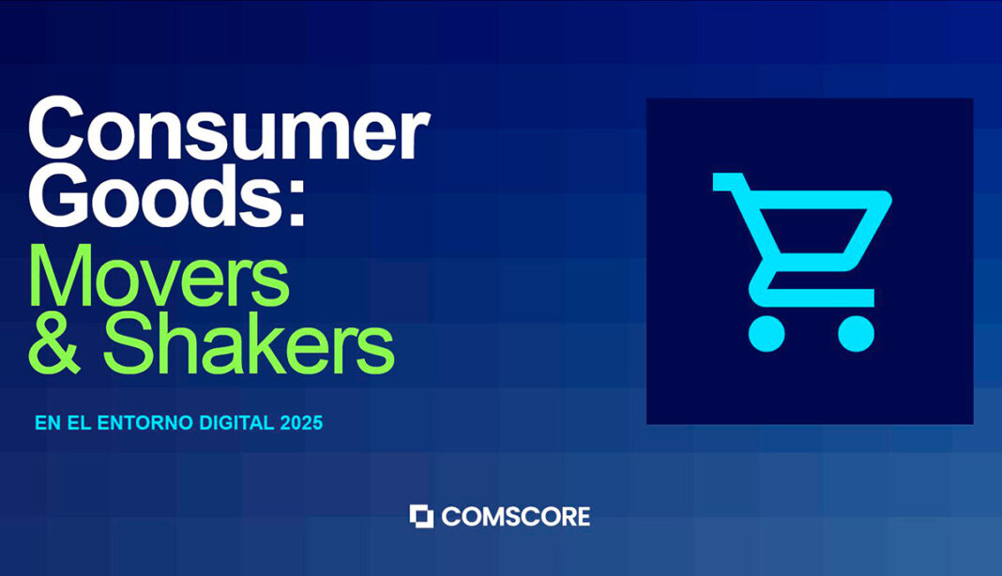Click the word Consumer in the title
pos(229,129)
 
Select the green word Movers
pos(159,276)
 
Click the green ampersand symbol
pos(54,343)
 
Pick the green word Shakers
pos(249,342)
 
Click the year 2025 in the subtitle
pos(301,423)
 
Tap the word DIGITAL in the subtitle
pos(236,423)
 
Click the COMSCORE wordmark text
pos(516,517)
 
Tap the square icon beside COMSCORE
pos(421,517)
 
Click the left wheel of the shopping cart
pos(767,333)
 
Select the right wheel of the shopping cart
pos(856,333)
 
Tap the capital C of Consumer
pos(56,129)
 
